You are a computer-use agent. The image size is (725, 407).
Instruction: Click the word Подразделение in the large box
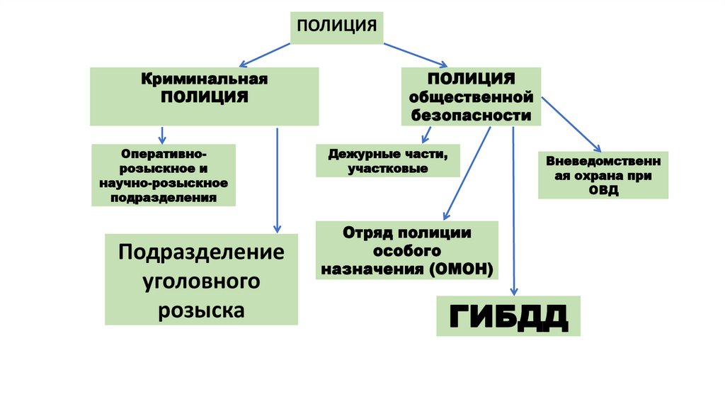tap(201, 252)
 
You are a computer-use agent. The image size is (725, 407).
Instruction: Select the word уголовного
tap(201, 281)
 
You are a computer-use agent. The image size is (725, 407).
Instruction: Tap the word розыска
tap(201, 310)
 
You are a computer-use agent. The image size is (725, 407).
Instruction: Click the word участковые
tap(387, 169)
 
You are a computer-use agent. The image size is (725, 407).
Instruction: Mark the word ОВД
tap(603, 190)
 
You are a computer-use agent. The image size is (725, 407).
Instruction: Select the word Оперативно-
tap(164, 153)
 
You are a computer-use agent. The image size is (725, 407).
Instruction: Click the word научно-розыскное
tap(164, 184)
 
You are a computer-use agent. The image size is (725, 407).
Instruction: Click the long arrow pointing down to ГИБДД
tap(513, 213)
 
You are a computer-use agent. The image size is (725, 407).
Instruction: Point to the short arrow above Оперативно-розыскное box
tap(162, 135)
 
